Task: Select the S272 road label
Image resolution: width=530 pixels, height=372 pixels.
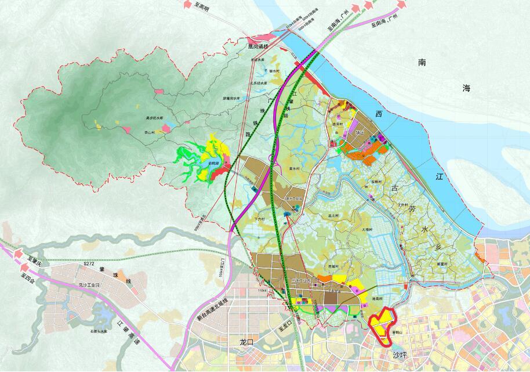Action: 88,264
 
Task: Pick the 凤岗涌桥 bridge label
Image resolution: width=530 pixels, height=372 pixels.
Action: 258,46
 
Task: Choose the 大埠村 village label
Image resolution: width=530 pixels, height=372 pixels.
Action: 368,230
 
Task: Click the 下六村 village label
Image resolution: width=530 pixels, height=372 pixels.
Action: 259,219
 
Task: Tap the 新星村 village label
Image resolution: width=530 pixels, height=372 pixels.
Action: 442,264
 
